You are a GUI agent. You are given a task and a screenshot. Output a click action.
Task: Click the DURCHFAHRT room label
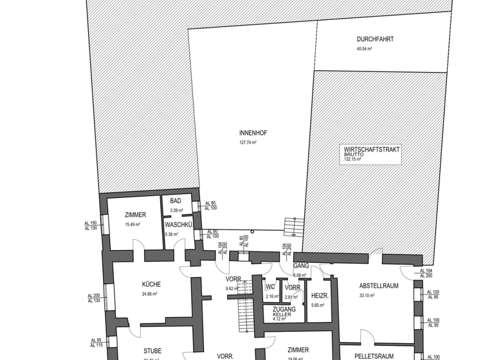pyautogui.click(x=375, y=39)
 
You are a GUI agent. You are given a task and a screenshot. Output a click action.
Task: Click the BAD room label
pyautogui.click(x=176, y=201)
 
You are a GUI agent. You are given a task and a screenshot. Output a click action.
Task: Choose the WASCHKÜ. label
pyautogui.click(x=179, y=225)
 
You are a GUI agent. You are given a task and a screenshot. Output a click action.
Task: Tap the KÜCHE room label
pyautogui.click(x=151, y=284)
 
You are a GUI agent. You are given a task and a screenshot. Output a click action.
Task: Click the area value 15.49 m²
pyautogui.click(x=135, y=224)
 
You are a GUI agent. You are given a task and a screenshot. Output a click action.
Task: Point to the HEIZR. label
pyautogui.click(x=320, y=296)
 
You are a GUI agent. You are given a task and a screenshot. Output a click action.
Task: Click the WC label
pyautogui.click(x=271, y=287)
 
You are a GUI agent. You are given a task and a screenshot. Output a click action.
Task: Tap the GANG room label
pyautogui.click(x=301, y=265)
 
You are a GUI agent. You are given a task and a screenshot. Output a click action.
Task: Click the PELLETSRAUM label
pyautogui.click(x=374, y=355)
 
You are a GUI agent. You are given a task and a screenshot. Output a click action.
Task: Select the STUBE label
pyautogui.click(x=152, y=351)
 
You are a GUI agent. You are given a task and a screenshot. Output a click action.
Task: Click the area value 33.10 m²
pyautogui.click(x=367, y=296)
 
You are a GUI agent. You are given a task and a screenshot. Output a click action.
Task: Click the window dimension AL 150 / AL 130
pyautogui.click(x=91, y=226)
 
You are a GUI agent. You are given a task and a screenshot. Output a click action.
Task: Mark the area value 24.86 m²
pyautogui.click(x=151, y=294)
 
